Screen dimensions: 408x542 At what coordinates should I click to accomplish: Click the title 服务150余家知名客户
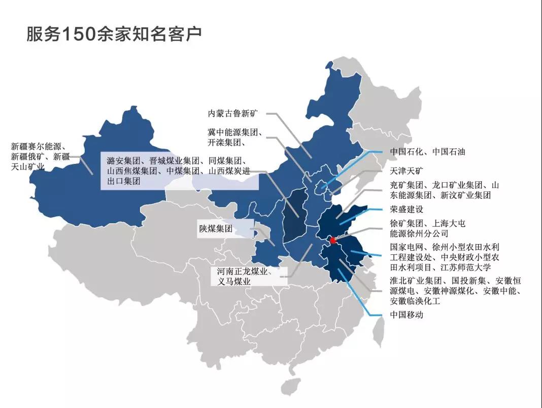coord(114,34)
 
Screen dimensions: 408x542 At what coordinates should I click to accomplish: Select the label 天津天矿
coord(406,171)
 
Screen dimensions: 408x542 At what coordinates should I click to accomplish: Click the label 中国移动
coord(406,315)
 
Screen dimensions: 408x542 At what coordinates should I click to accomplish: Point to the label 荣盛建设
coord(406,209)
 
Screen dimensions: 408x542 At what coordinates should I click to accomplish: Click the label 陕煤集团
coord(216,229)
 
